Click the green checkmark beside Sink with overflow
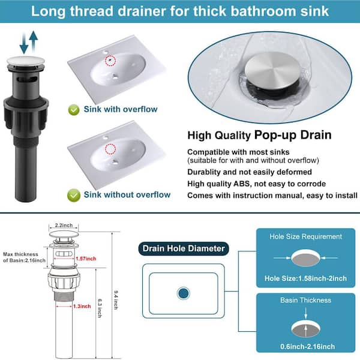click(74, 110)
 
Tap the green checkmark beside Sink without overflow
click(74, 195)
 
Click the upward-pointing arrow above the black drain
click(34, 41)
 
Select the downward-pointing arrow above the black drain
click(24, 44)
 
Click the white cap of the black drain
click(26, 61)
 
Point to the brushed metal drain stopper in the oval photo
click(271, 70)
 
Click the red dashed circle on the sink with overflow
click(110, 61)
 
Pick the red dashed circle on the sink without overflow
click(110, 149)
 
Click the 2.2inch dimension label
click(64, 225)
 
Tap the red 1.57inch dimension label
click(86, 259)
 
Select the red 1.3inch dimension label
click(82, 306)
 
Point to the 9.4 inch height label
click(116, 300)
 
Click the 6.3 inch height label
click(100, 308)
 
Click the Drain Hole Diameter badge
click(184, 248)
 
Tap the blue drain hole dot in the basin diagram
click(183, 293)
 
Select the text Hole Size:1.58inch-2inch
click(305, 278)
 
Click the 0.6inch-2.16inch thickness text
click(307, 346)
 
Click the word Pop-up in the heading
click(275, 135)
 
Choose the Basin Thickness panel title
click(305, 301)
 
